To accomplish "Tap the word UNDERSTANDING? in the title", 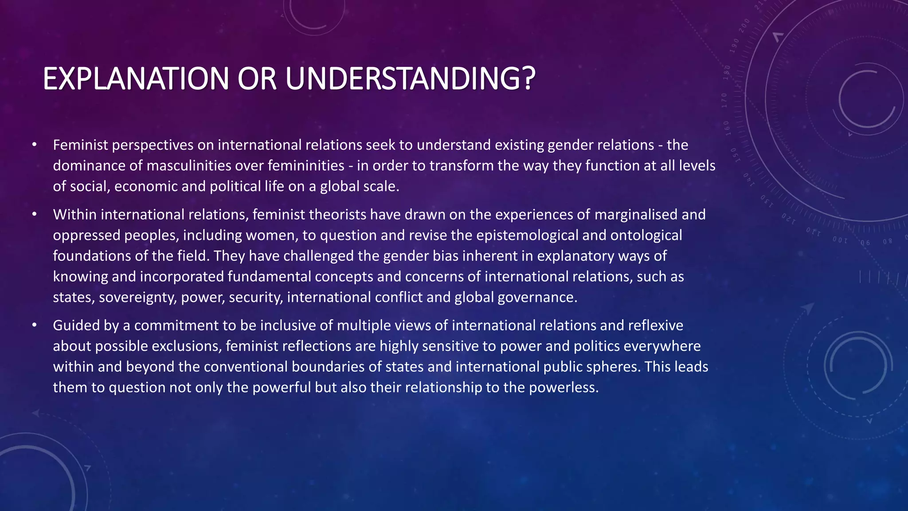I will [x=410, y=79].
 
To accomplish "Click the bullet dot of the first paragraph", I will [x=34, y=145].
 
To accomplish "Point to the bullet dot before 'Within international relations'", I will [x=34, y=214].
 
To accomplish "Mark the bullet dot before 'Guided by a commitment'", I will [x=34, y=325].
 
